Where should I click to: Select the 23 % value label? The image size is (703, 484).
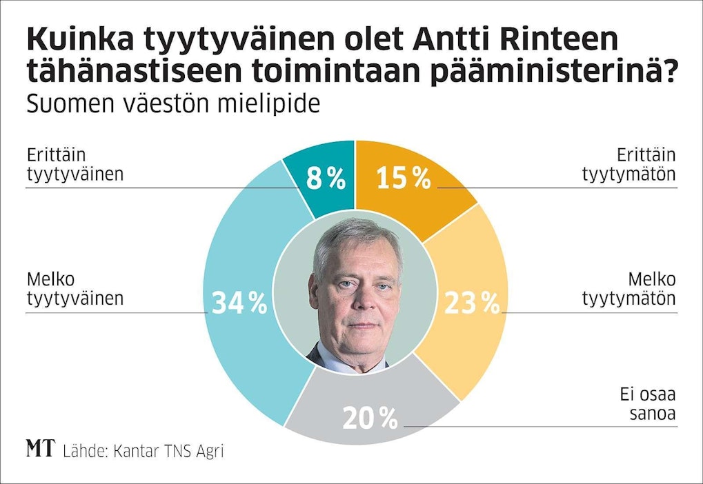471,303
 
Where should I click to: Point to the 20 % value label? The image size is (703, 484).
370,417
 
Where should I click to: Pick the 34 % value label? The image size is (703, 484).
239,303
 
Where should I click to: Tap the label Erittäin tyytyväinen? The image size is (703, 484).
75,164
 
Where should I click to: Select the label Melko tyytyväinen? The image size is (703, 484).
75,289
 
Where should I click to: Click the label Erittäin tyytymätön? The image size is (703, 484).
628,164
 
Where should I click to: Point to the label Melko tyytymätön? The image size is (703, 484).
628,289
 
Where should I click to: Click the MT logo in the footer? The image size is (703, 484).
40,450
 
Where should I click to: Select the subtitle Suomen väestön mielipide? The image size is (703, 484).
172,105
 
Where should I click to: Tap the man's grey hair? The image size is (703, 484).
352,238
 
